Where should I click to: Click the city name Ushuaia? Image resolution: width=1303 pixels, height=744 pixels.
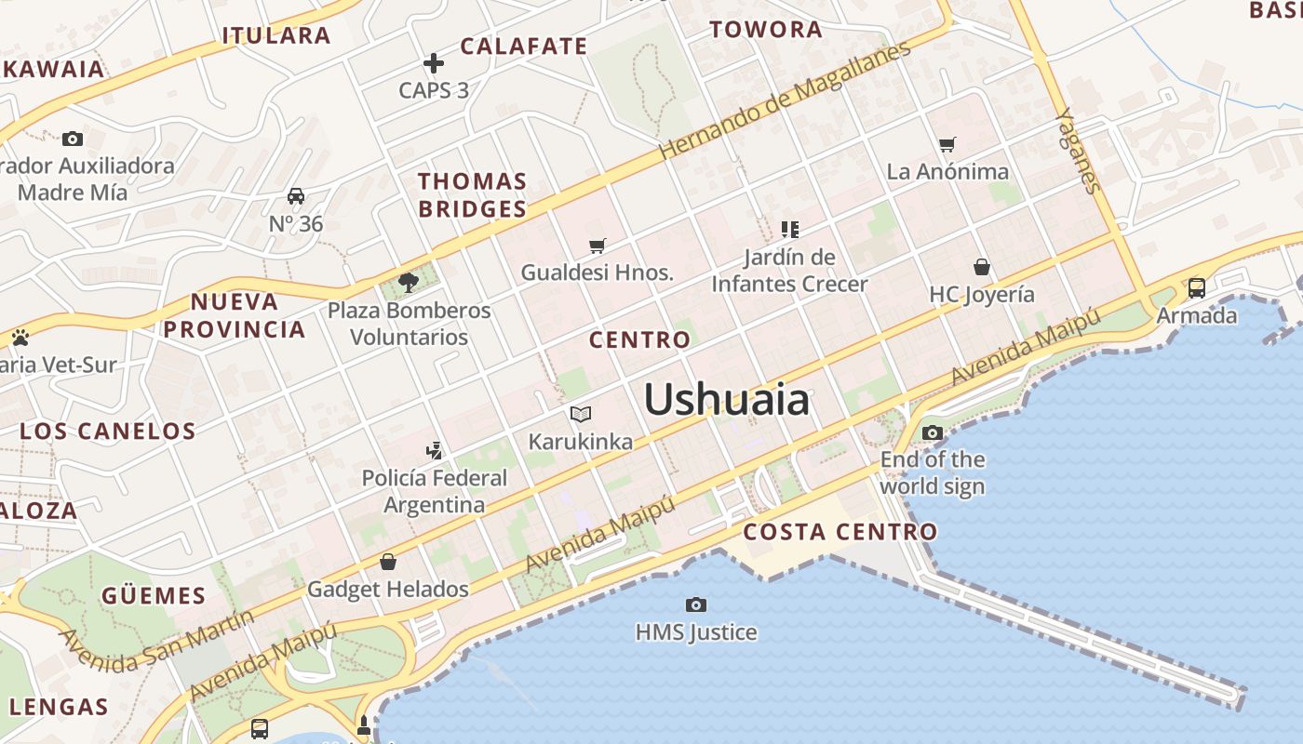point(726,400)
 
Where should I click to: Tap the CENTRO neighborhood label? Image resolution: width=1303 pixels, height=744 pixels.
point(640,339)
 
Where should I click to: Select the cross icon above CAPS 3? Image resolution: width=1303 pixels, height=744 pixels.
point(434,63)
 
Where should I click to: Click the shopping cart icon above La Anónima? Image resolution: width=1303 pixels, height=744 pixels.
point(947,144)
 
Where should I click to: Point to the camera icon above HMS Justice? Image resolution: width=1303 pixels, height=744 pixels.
point(695,604)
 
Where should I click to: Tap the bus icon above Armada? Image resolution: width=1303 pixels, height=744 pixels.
point(1197,287)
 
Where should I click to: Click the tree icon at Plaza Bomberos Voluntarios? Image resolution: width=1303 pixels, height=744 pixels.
point(408,282)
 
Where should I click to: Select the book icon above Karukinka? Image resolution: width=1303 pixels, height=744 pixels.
point(581,414)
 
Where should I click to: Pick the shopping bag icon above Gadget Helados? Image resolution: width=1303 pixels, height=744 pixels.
point(388,562)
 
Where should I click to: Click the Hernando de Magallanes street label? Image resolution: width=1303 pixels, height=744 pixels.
point(785,100)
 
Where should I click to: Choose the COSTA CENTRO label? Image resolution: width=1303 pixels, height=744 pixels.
point(840,532)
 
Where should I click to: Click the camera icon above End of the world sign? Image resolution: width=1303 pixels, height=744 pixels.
point(932,432)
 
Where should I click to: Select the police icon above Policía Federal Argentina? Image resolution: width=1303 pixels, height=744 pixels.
point(434,451)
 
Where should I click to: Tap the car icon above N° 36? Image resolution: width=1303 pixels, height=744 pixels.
point(296,196)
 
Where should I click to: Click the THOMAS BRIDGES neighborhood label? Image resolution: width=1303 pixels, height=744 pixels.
point(472,195)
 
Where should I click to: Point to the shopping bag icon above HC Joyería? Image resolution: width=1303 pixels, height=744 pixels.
point(981,268)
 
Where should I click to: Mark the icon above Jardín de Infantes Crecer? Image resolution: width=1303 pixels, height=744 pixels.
point(790,229)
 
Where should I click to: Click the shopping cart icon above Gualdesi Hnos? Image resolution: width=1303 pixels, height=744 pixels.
point(598,246)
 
